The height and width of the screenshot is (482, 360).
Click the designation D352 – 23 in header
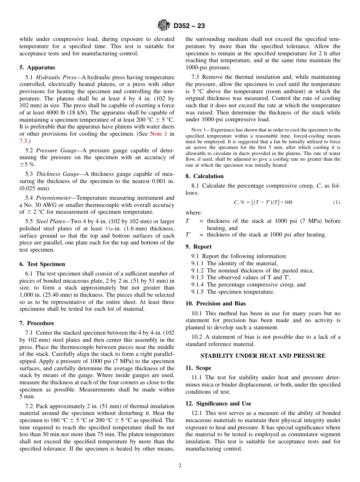[189, 26]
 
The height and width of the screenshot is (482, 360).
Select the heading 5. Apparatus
[37, 68]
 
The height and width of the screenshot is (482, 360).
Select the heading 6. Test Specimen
[42, 264]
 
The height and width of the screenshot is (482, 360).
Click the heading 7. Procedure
[36, 323]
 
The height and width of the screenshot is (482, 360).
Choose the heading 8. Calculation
[204, 176]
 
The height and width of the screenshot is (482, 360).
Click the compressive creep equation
[263, 202]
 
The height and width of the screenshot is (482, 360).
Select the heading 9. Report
[199, 247]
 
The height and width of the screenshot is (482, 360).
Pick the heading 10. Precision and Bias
[215, 304]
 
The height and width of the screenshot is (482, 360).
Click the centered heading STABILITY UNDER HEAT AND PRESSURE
[263, 356]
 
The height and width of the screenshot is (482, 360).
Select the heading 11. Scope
[198, 368]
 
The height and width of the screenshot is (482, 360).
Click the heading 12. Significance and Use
[218, 404]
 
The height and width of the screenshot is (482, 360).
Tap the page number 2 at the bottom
[180, 466]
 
